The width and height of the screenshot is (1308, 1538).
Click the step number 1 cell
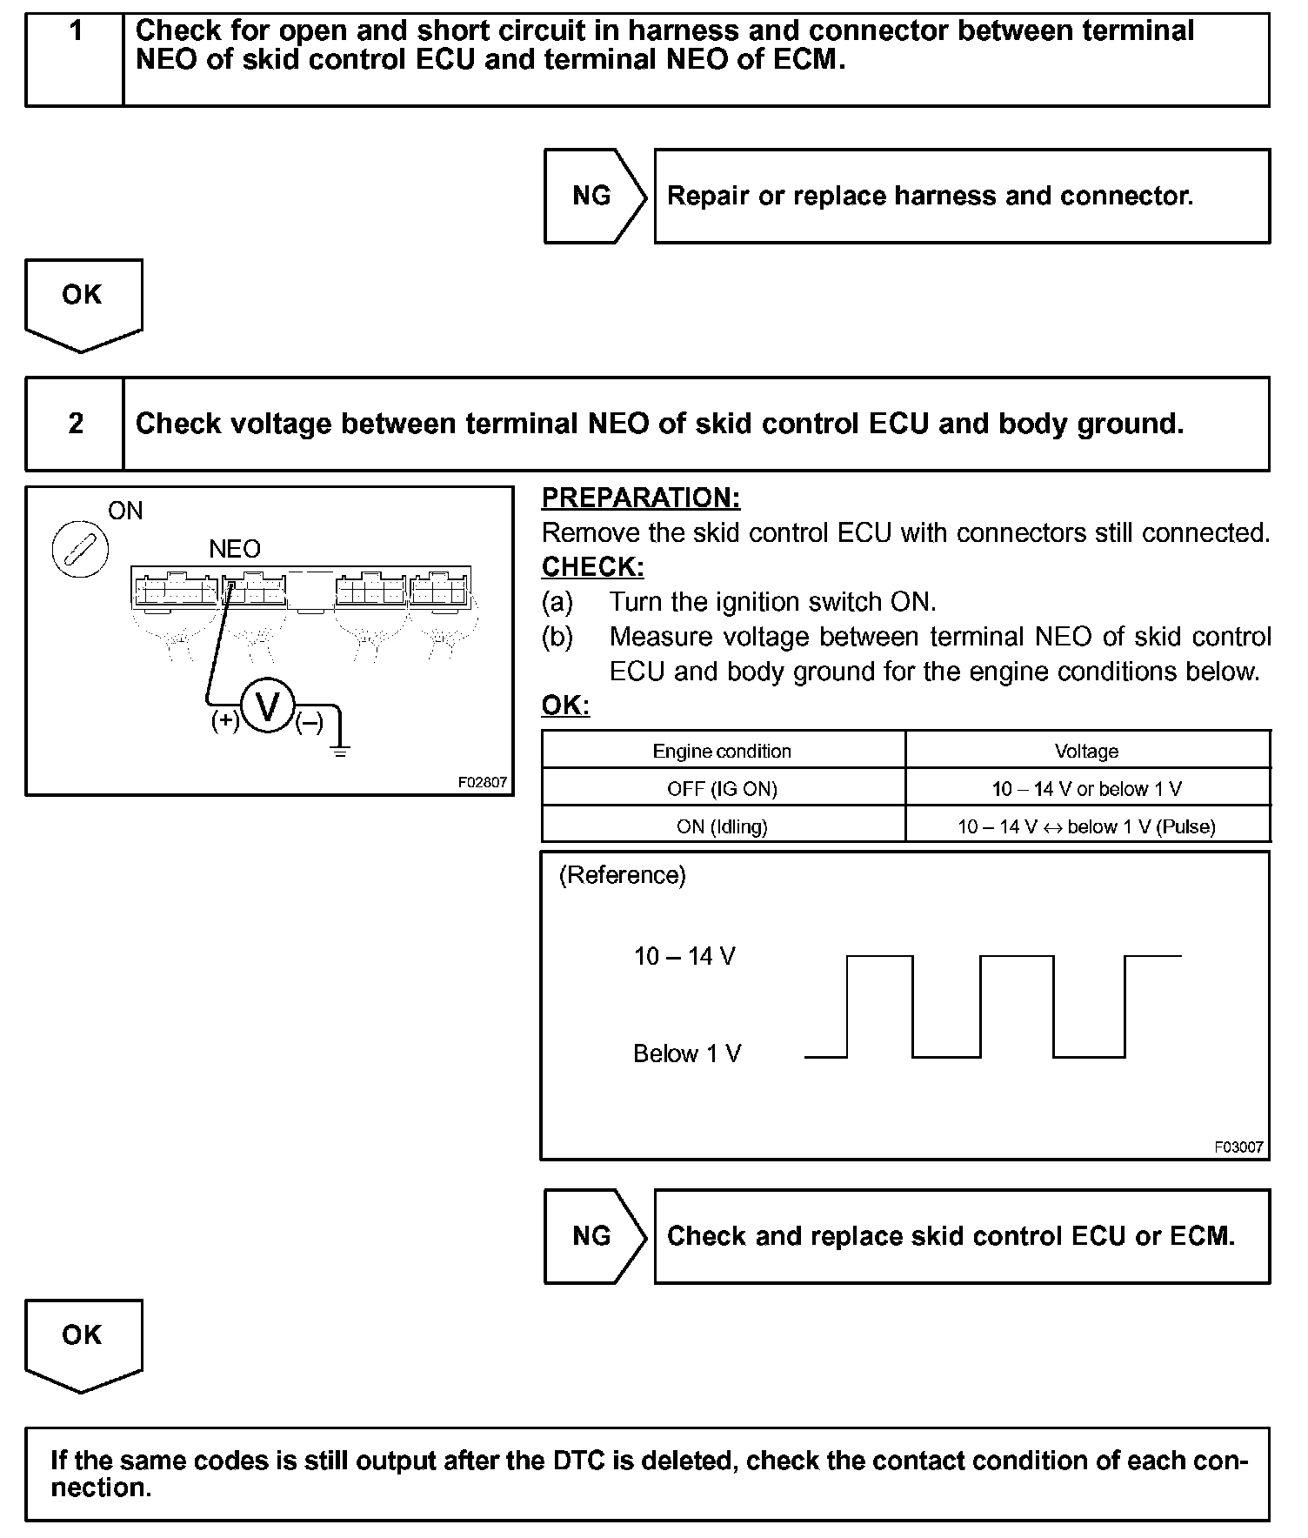pyautogui.click(x=76, y=59)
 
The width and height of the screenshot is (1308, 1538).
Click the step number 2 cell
pyautogui.click(x=76, y=424)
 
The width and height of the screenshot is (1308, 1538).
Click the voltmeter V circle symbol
pyautogui.click(x=268, y=706)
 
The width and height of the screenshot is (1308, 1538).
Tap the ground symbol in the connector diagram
pyautogui.click(x=340, y=747)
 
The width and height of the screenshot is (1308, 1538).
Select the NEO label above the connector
pyautogui.click(x=235, y=549)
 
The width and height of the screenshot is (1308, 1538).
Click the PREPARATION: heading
pyautogui.click(x=641, y=498)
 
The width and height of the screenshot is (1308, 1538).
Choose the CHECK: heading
pyautogui.click(x=593, y=567)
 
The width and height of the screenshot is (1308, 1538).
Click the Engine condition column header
pyautogui.click(x=722, y=751)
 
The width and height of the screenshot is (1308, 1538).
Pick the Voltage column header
pyautogui.click(x=1086, y=751)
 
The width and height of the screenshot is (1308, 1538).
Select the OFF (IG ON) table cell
pyautogui.click(x=722, y=789)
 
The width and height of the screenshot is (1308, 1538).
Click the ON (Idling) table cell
pyautogui.click(x=722, y=826)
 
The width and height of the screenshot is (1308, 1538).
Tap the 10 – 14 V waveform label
pyautogui.click(x=684, y=957)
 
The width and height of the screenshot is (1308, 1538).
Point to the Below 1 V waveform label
pyautogui.click(x=687, y=1054)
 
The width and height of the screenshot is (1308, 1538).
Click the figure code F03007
pyautogui.click(x=1238, y=1147)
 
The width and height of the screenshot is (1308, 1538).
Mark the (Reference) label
pyautogui.click(x=622, y=875)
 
